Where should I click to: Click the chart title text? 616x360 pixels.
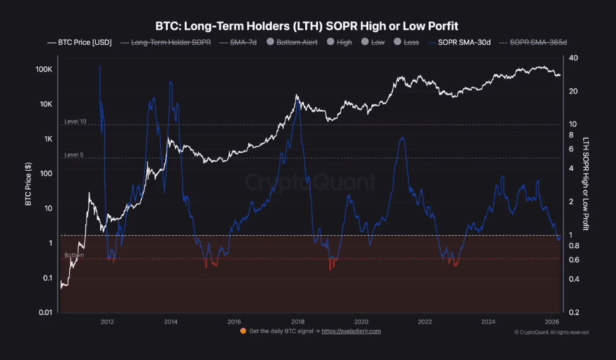coord(307,26)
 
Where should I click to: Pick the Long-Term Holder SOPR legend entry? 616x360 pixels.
coord(171,42)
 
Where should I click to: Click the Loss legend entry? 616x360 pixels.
coord(407,42)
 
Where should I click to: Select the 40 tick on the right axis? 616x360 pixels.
coord(573,58)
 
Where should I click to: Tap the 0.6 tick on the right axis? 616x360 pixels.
coord(573,259)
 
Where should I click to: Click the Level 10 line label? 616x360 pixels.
coord(75,121)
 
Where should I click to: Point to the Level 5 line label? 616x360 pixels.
coord(74,154)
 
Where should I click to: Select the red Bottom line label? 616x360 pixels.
coord(74,255)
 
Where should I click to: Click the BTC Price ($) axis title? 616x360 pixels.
coord(28,185)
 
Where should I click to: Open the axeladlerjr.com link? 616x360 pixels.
coord(351,331)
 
